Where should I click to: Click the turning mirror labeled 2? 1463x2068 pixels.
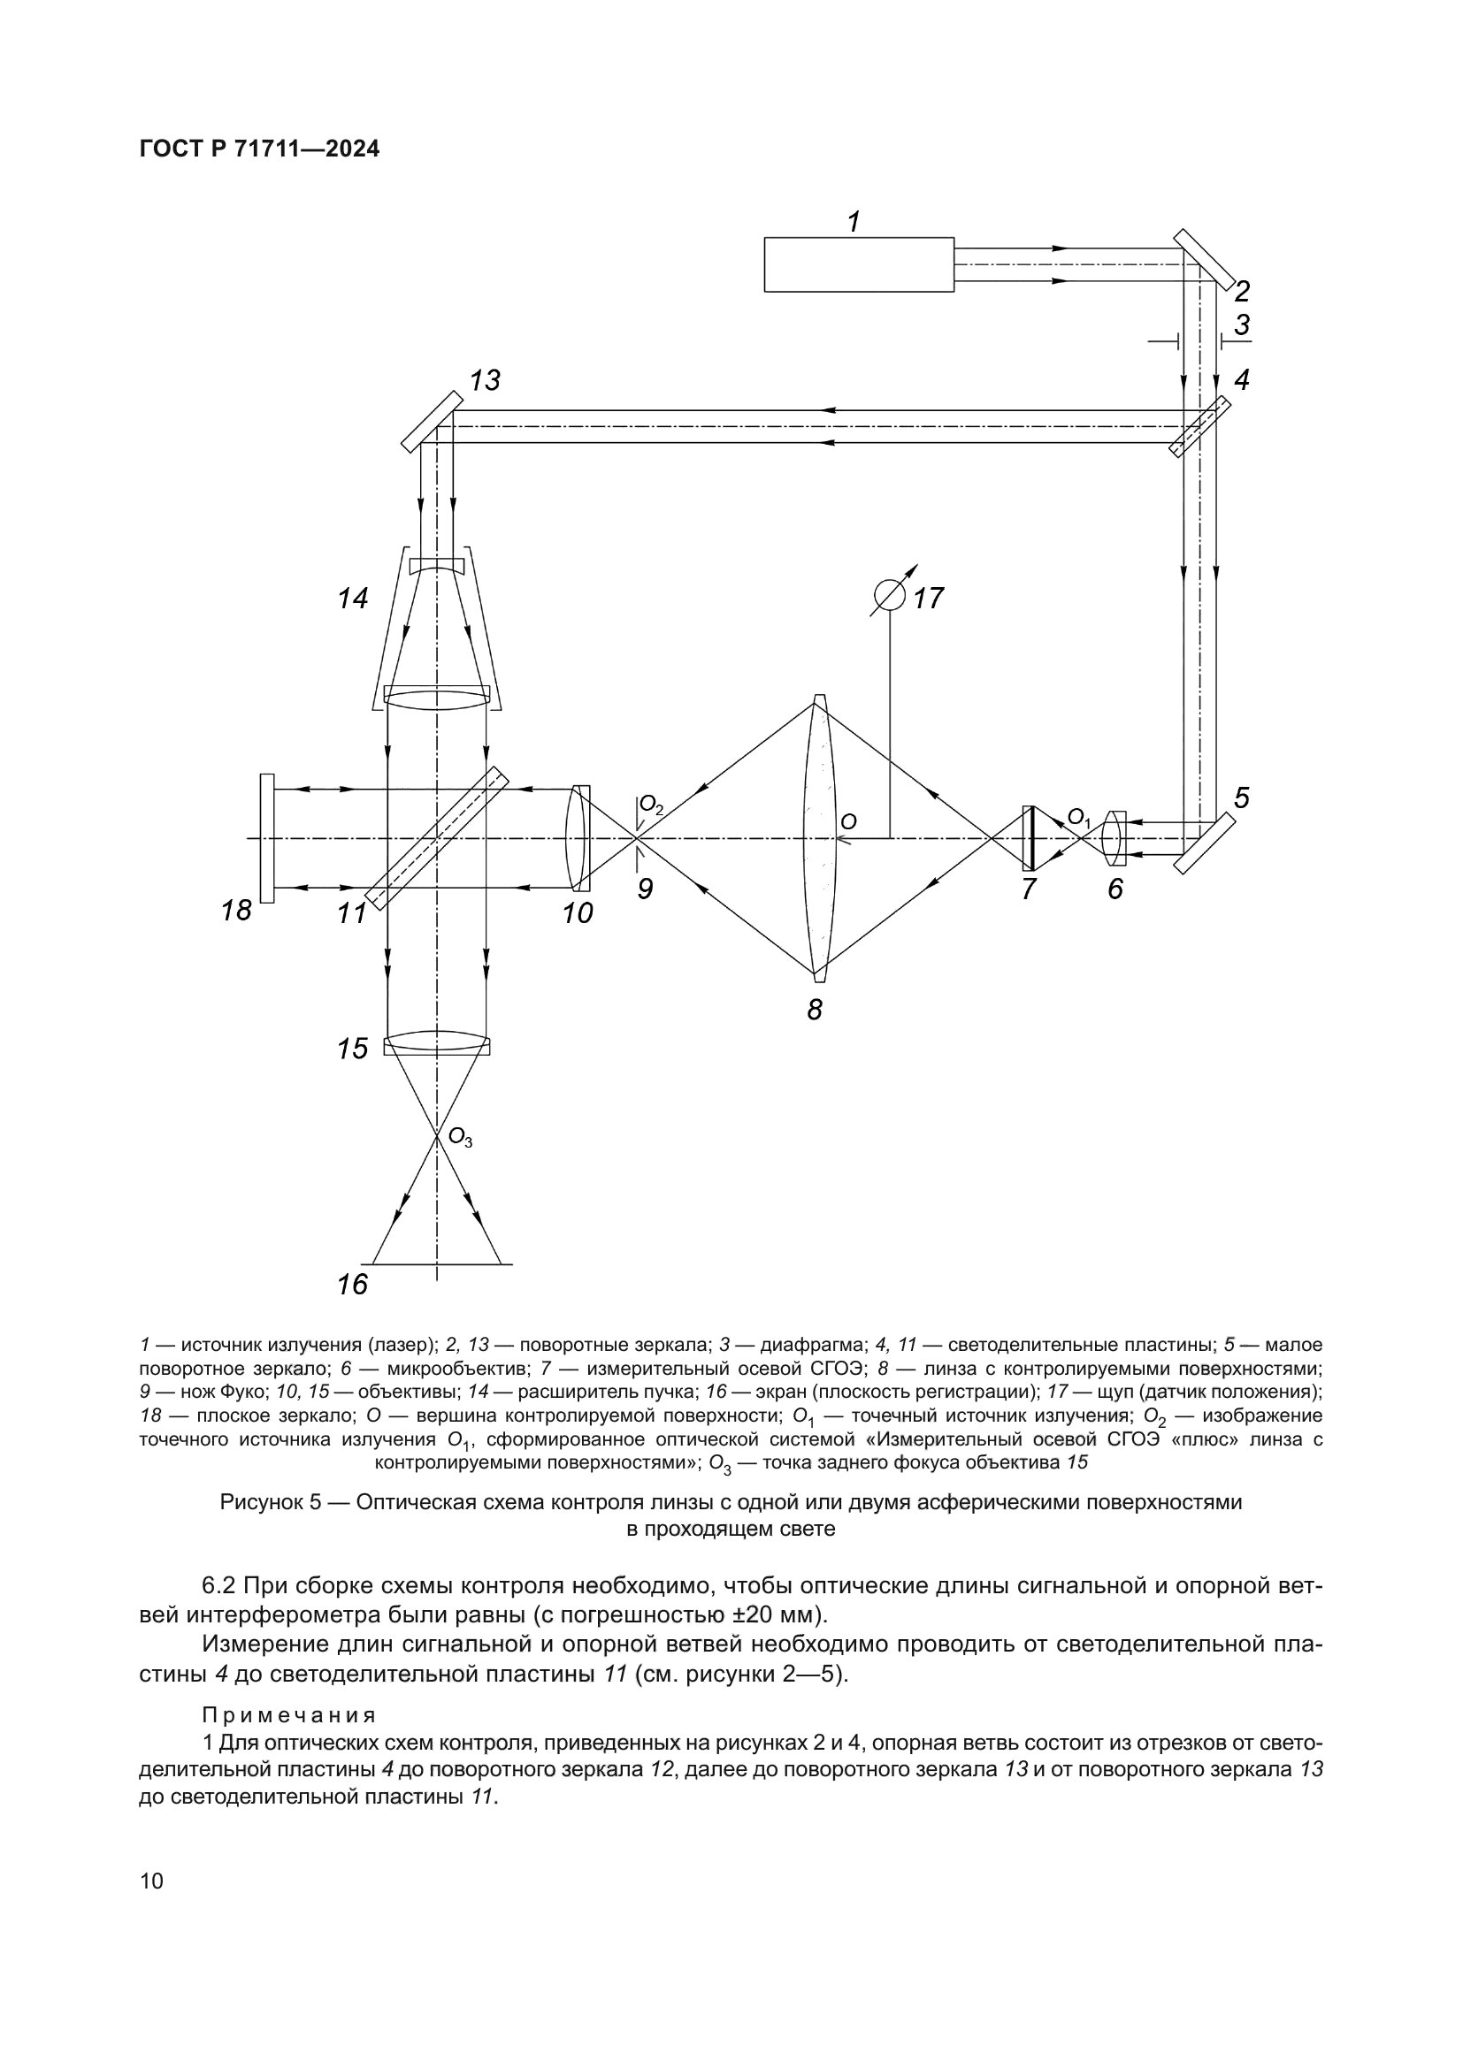(x=1205, y=258)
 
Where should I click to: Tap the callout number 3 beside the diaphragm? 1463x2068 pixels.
(x=1242, y=324)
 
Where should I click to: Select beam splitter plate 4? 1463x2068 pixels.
(x=1199, y=427)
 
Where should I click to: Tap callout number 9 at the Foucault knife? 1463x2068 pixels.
(x=644, y=889)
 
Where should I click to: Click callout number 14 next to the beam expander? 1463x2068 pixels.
(x=353, y=598)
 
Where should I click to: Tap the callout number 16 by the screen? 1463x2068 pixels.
(x=352, y=1285)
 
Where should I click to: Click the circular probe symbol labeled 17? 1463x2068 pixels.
(x=890, y=595)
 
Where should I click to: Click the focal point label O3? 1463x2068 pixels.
(x=460, y=1141)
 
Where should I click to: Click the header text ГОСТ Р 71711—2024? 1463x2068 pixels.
(x=259, y=149)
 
